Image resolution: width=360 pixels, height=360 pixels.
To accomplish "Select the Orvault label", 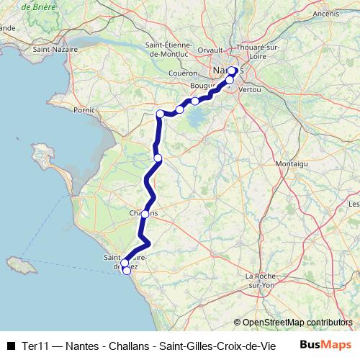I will [x=210, y=50].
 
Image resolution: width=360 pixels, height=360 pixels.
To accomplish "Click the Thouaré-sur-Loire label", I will [x=258, y=48].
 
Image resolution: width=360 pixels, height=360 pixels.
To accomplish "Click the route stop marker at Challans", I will [x=145, y=214].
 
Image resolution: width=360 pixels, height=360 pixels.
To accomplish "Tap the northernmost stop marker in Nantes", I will [x=233, y=71].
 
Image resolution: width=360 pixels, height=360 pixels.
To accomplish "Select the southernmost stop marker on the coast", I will [x=127, y=271].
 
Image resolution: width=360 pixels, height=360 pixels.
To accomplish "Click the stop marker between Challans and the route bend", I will [x=158, y=158].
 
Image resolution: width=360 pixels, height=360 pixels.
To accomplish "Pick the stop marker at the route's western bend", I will [x=160, y=114].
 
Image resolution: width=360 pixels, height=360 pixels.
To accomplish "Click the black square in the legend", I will [x=10, y=345].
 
